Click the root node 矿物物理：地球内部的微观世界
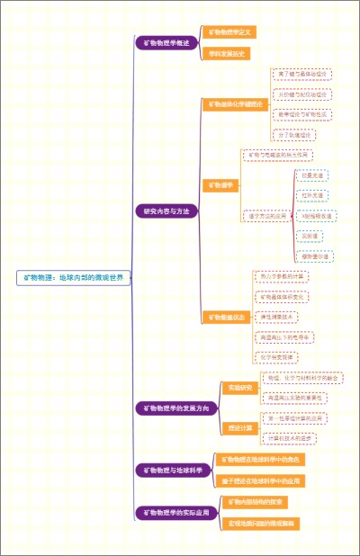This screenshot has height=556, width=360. tap(74, 278)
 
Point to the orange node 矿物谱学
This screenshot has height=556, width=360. tap(220, 185)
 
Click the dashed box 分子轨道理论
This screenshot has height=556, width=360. tap(294, 135)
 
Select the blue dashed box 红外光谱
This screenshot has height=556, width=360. tap(312, 195)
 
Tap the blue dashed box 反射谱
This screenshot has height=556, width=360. tap(310, 236)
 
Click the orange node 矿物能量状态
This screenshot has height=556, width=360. tap(225, 317)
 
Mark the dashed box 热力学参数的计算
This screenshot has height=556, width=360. tap(282, 276)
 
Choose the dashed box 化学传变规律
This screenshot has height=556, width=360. tap(280, 357)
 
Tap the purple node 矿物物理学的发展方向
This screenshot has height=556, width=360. tap(176, 408)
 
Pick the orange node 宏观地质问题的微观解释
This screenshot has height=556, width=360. tap(261, 523)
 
